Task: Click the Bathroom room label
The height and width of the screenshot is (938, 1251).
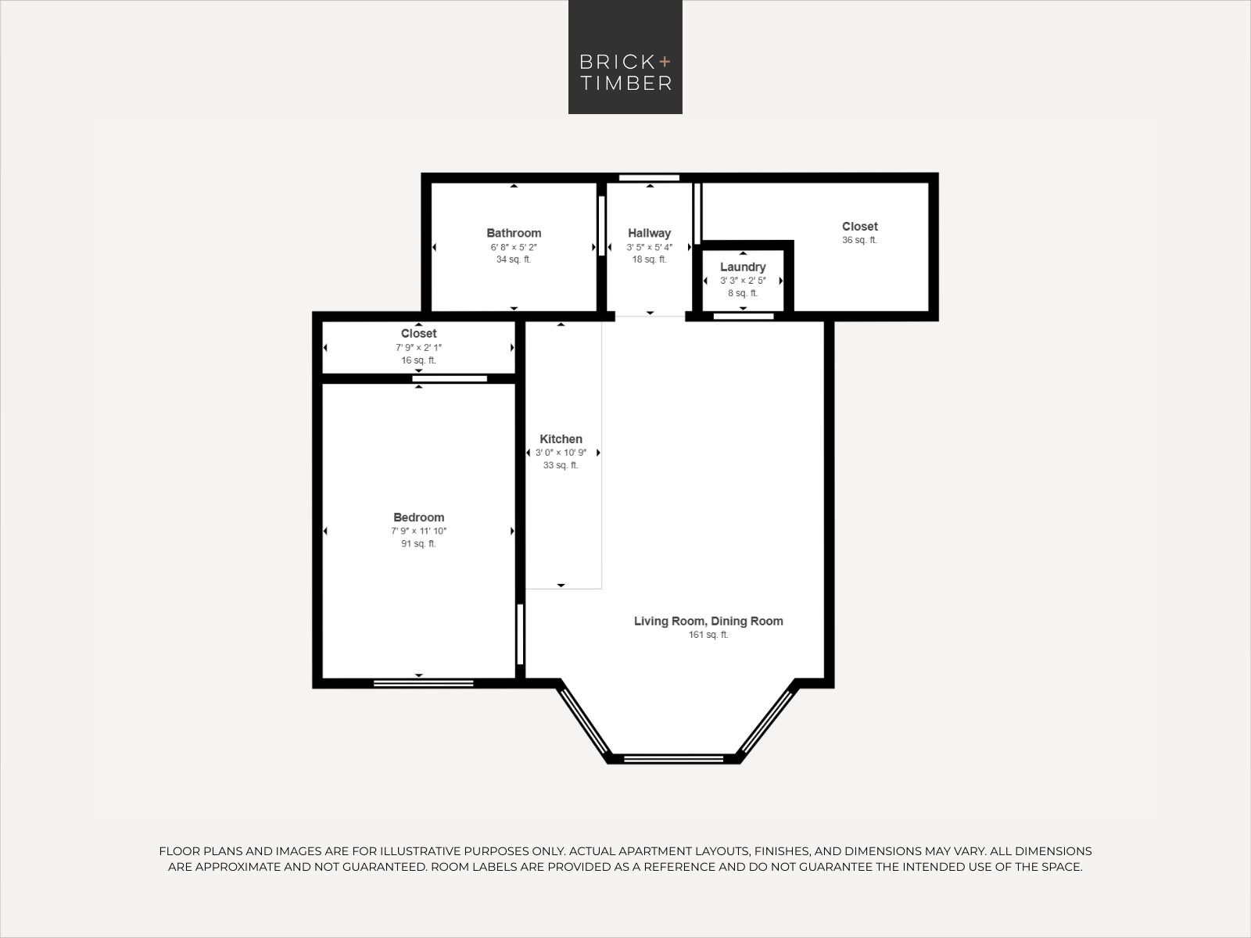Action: coord(514,233)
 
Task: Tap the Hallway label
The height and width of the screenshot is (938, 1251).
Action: coord(649,233)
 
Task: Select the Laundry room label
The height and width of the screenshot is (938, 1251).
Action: coord(743,267)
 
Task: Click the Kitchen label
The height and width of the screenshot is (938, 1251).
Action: coord(561,439)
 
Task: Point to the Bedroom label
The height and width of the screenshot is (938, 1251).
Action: coord(418,517)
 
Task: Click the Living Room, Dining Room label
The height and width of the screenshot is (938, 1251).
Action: coord(708,621)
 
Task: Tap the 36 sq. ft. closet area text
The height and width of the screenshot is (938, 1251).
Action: coord(859,240)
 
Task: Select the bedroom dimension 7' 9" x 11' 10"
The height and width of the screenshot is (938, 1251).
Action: coord(418,531)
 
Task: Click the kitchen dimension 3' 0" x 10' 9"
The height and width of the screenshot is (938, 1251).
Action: coord(561,453)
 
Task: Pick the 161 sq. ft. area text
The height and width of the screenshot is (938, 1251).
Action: coord(708,635)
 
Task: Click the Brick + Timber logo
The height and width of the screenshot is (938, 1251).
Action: coord(625,57)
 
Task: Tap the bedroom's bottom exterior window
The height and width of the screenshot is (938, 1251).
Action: coord(424,683)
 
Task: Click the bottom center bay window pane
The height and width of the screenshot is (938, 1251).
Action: coord(673,758)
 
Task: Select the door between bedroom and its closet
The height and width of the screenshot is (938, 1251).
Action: coord(450,379)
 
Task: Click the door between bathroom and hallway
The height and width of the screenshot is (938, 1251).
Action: coord(601,226)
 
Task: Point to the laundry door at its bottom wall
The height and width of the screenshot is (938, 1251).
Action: coord(744,316)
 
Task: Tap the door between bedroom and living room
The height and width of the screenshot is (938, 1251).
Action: coord(520,634)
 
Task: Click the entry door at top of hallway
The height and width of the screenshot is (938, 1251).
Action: coord(649,177)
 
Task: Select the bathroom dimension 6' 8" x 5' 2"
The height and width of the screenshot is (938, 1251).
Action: coord(514,247)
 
